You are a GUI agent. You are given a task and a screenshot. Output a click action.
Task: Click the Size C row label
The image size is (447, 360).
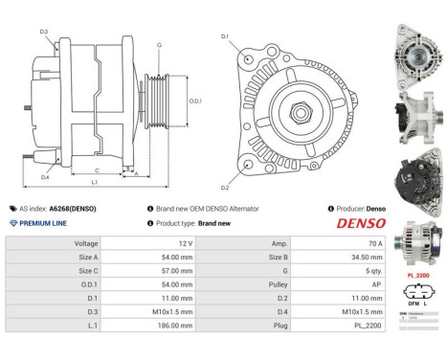[85, 271]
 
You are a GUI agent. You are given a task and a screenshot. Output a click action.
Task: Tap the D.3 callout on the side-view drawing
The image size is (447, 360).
[45, 32]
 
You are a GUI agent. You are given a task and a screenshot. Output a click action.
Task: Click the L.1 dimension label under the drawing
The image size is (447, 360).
[94, 182]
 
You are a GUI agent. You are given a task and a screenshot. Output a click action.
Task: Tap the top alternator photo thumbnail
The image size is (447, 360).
[416, 44]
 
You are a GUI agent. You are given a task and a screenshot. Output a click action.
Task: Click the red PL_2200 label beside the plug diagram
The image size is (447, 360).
[416, 274]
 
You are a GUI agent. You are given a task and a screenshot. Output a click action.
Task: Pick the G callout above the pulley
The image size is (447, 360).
[159, 46]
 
